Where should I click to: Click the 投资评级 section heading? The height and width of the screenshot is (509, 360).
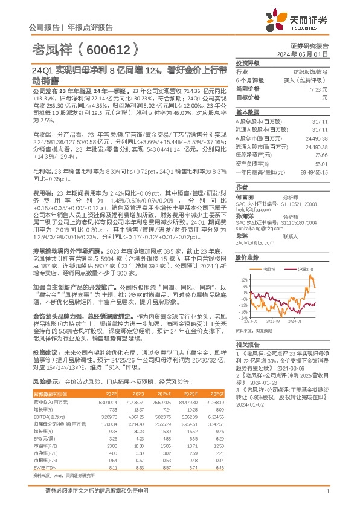point(248,63)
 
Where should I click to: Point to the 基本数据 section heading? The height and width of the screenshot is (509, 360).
point(248,112)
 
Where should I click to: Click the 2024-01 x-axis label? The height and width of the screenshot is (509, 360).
point(301,322)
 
